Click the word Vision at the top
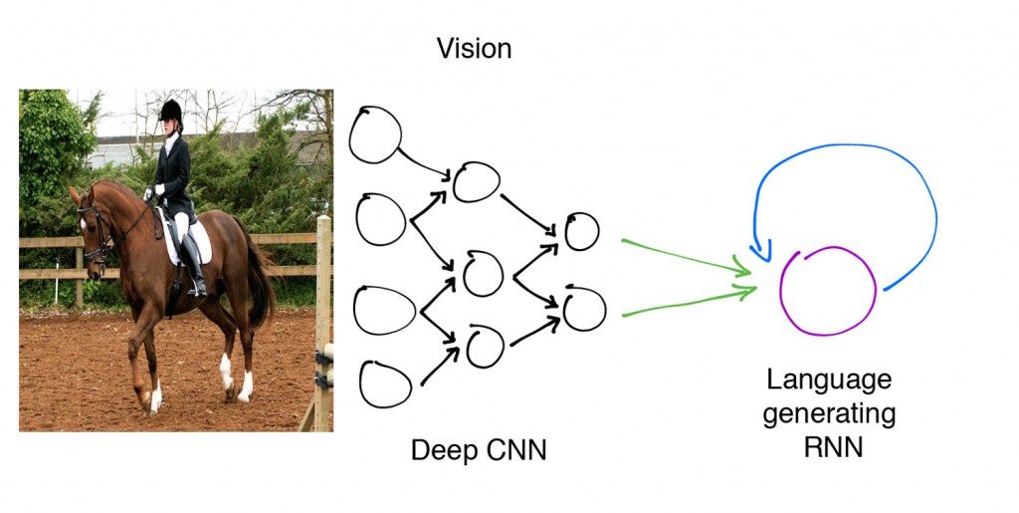(x=474, y=49)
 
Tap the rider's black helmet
(x=171, y=109)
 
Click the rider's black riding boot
(x=193, y=265)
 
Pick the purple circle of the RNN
(x=827, y=290)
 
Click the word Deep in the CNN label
(x=441, y=451)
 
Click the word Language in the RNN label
(x=828, y=380)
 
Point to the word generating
(x=829, y=413)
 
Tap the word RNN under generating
(x=832, y=447)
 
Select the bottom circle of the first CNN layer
(x=385, y=384)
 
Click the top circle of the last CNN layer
(x=581, y=231)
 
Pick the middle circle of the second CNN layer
(x=483, y=274)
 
